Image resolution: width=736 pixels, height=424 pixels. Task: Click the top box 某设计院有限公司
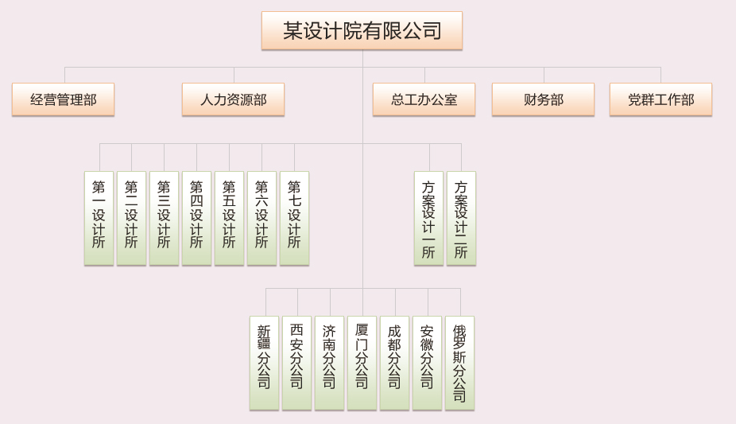click(x=362, y=31)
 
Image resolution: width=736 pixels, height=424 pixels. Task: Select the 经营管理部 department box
click(x=63, y=99)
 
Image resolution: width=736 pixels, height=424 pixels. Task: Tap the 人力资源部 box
click(x=233, y=99)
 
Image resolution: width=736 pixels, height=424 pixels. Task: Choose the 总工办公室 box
click(x=424, y=99)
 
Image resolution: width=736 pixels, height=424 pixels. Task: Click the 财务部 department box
click(x=543, y=99)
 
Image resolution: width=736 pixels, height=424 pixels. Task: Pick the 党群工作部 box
click(x=660, y=99)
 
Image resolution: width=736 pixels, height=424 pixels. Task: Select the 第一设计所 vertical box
click(x=99, y=217)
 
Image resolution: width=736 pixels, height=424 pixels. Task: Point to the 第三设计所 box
click(x=164, y=217)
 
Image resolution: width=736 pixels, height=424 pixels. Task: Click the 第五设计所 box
click(x=229, y=217)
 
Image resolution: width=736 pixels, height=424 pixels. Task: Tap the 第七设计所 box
click(x=294, y=217)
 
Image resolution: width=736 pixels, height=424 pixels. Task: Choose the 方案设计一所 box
click(x=428, y=217)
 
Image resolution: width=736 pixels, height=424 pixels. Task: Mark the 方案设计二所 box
click(x=461, y=217)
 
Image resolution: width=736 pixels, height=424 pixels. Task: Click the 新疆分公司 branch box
click(x=264, y=362)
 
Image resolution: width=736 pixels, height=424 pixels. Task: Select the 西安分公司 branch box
click(x=296, y=362)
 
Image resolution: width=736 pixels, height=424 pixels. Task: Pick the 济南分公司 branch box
click(x=329, y=362)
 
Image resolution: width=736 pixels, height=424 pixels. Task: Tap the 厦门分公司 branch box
click(x=362, y=362)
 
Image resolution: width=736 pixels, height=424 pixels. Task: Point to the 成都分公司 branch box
click(x=394, y=362)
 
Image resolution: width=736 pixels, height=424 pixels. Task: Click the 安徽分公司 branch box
click(x=427, y=362)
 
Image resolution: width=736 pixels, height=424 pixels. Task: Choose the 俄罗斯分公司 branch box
click(x=459, y=362)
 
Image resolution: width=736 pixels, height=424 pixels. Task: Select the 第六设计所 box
click(x=261, y=217)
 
